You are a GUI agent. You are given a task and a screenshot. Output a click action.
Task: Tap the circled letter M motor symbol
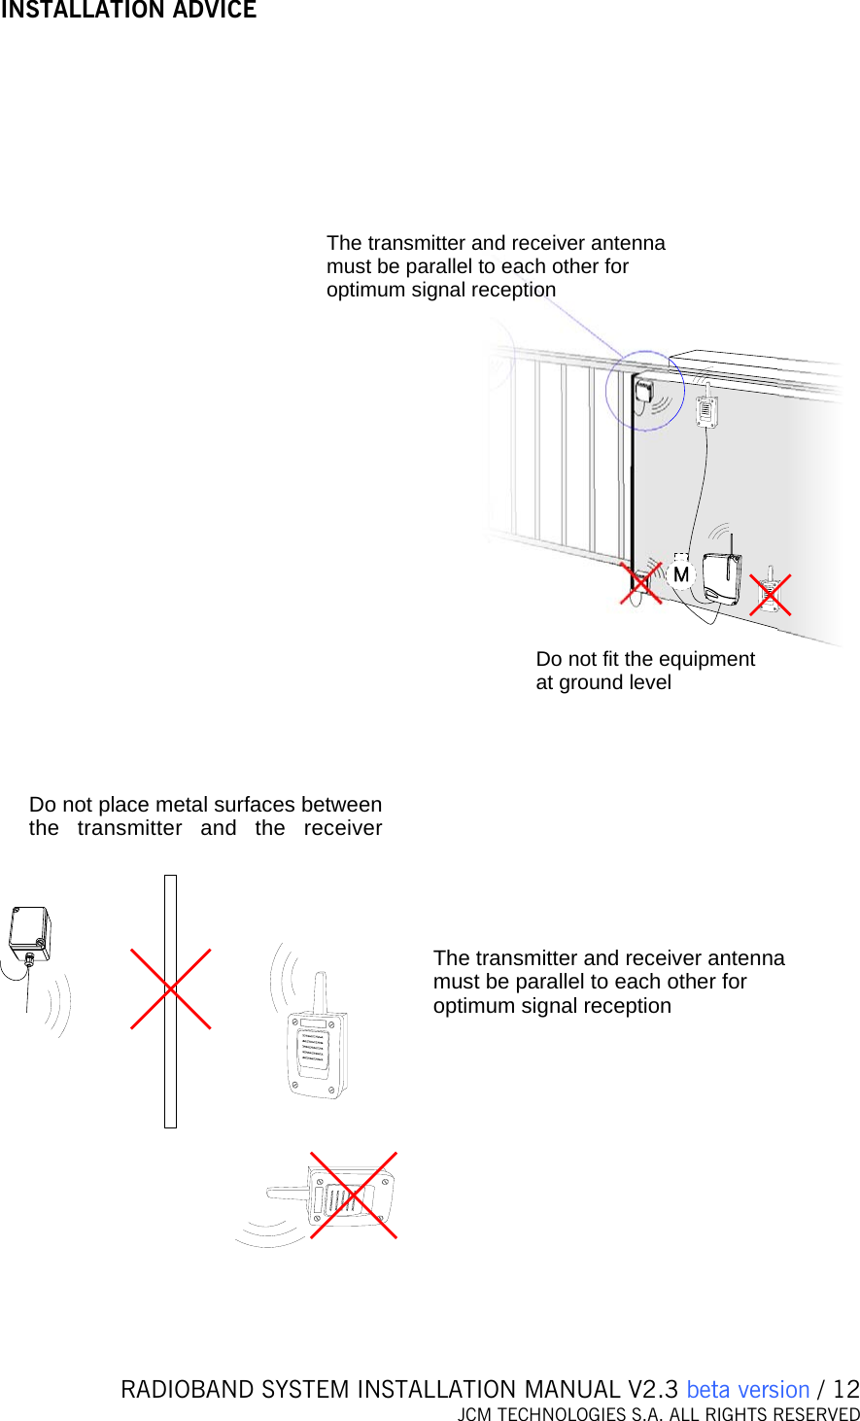click(x=681, y=574)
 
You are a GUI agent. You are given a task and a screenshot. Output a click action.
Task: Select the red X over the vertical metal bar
click(x=171, y=988)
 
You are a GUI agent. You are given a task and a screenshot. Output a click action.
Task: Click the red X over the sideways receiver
click(x=354, y=1195)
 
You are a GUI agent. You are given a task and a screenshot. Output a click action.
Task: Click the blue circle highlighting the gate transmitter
click(x=644, y=392)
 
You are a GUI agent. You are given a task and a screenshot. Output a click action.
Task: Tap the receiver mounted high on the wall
click(x=707, y=410)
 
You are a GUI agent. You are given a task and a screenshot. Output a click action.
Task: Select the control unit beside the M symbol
click(x=722, y=578)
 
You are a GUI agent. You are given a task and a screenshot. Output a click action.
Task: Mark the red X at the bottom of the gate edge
click(x=640, y=583)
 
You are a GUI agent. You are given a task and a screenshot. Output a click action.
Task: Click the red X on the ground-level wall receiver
click(x=770, y=594)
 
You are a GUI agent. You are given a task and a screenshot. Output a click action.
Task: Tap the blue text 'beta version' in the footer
click(x=747, y=1390)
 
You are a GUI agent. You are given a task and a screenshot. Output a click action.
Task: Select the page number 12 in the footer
click(x=846, y=1390)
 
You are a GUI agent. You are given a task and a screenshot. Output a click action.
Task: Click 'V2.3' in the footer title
click(x=652, y=1390)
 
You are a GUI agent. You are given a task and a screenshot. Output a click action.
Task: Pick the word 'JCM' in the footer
click(x=475, y=1414)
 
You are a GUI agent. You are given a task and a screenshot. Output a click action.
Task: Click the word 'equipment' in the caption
click(x=707, y=659)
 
